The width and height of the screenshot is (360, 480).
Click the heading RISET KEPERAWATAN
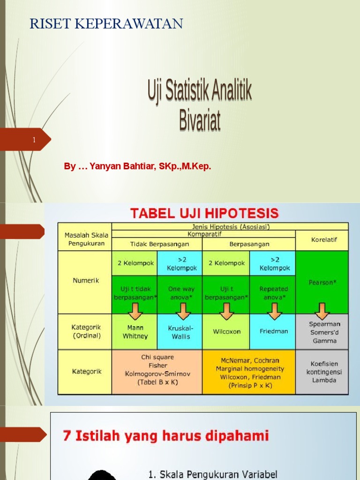click(x=106, y=24)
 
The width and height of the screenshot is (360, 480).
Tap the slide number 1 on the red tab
click(x=34, y=140)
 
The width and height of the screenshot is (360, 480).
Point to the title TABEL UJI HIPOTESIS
click(x=204, y=213)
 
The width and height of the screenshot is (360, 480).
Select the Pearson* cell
click(x=322, y=283)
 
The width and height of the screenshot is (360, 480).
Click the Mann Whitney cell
click(x=135, y=331)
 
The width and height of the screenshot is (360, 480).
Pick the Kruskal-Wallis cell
click(x=181, y=331)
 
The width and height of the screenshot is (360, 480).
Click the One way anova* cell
click(x=181, y=293)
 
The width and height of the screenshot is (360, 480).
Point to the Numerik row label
click(x=85, y=281)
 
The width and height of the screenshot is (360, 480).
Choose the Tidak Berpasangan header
click(x=157, y=244)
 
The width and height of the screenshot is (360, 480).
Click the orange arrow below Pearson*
click(x=322, y=309)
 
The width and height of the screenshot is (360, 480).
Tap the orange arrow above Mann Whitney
click(x=135, y=310)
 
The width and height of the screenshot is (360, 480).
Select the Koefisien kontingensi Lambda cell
click(x=323, y=372)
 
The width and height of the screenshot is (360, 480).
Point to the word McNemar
click(x=234, y=360)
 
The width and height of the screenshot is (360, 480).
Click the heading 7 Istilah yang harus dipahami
click(x=166, y=436)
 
